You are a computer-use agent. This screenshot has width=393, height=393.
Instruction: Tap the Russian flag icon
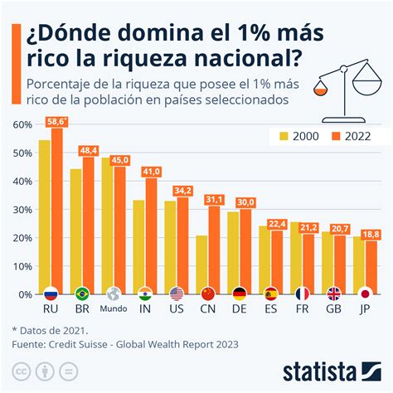point(51,294)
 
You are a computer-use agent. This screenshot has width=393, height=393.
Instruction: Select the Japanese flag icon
point(365,294)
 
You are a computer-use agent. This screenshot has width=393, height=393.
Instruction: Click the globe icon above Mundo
point(114,294)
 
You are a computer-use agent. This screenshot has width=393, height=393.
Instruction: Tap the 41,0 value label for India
point(152,171)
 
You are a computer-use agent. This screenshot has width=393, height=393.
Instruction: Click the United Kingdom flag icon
point(333,294)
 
